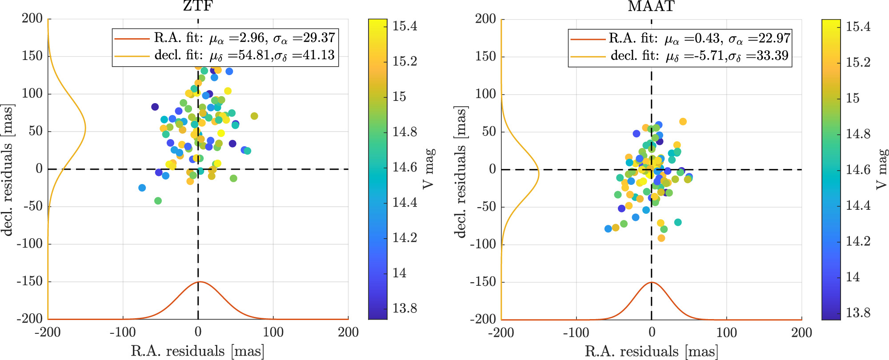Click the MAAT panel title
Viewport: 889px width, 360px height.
[651, 6]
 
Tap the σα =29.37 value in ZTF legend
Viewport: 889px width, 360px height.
[304, 38]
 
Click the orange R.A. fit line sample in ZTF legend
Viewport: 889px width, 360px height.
[132, 39]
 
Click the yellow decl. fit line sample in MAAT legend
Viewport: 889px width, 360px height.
[588, 56]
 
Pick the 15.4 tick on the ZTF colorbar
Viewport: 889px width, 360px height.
[404, 26]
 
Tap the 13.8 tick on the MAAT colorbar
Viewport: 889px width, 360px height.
[858, 313]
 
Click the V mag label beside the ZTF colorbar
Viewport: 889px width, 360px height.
[428, 169]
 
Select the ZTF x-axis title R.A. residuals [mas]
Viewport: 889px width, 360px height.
[198, 351]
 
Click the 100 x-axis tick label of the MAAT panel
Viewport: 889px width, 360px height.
[726, 332]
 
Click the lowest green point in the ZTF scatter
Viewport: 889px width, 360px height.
[158, 201]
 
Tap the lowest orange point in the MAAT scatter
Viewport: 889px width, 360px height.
[661, 238]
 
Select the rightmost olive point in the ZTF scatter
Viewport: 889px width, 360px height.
[254, 116]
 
